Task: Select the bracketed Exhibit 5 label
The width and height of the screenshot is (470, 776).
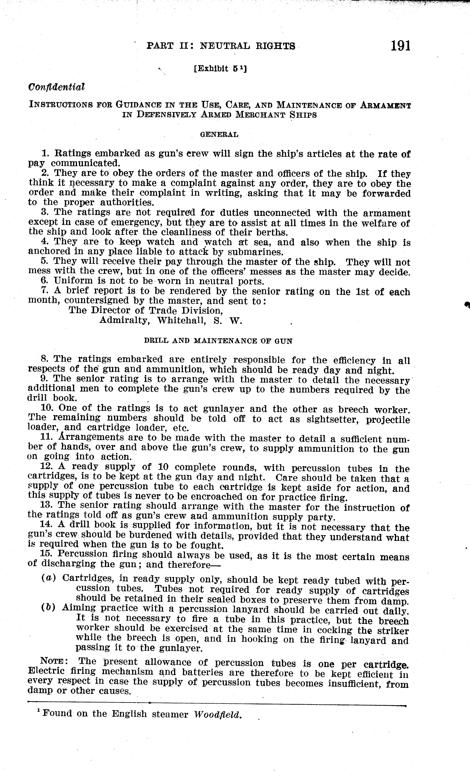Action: (220, 68)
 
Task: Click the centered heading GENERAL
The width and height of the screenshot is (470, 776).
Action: (219, 134)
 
